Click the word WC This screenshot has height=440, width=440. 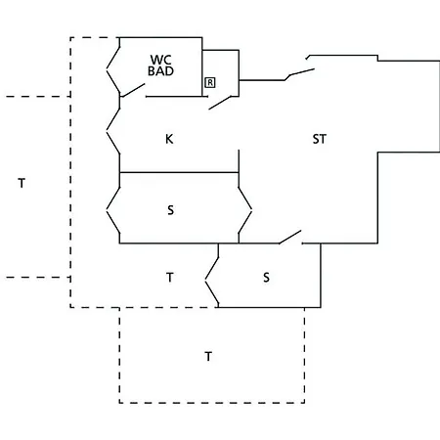point(160,60)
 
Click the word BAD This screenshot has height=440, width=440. point(160,70)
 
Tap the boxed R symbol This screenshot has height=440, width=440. point(210,83)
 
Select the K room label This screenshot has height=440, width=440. point(169,139)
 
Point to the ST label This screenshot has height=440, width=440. point(319,139)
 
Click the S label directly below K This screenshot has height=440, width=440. point(170,210)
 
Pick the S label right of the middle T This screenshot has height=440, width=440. point(266,278)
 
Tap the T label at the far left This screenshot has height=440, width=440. point(22,183)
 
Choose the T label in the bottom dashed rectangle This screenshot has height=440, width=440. point(208,357)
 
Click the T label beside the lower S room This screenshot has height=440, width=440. point(170,278)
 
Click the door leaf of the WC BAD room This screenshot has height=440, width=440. point(133,90)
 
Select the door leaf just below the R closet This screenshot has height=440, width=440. point(220,103)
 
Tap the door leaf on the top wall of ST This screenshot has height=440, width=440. point(300,74)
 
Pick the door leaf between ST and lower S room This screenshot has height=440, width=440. point(290,237)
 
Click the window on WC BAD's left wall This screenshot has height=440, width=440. point(113,69)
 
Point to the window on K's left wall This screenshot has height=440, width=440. point(113,131)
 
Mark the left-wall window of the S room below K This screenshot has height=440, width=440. point(113,210)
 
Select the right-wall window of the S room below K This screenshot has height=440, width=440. point(245,210)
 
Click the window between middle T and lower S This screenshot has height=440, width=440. point(212,281)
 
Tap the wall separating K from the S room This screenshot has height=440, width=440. point(179,172)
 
